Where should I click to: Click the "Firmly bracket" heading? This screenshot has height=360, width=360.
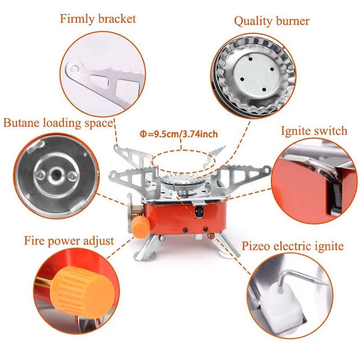coord(98,19)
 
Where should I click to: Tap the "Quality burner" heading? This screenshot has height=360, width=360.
coord(272,21)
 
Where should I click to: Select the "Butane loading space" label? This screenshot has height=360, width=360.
coord(58,123)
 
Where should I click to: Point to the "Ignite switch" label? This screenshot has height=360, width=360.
coord(314,131)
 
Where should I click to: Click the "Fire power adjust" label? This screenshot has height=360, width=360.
coord(69,241)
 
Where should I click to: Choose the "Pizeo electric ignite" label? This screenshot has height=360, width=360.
coord(293,246)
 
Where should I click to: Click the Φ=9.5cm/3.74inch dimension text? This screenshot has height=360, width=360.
coord(179,134)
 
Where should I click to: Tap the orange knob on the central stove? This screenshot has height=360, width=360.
coord(140,226)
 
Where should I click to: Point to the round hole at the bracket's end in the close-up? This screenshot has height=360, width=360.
coord(74,68)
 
